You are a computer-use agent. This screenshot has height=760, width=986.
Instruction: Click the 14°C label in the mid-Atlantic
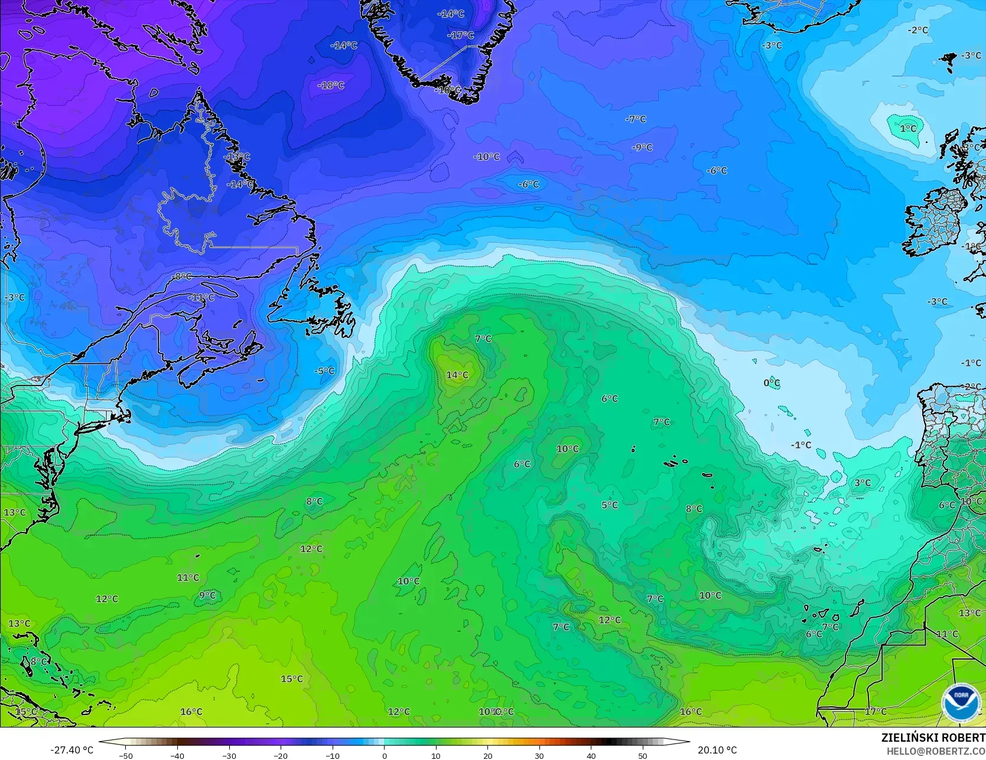click(457, 375)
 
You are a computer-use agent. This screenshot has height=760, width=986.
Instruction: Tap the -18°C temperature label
click(331, 85)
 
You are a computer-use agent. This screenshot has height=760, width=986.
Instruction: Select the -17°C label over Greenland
click(460, 35)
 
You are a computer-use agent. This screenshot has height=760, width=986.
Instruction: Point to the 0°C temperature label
click(772, 383)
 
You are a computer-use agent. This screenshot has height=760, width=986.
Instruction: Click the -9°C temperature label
click(642, 147)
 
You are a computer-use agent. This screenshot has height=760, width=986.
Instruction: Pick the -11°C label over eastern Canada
click(201, 297)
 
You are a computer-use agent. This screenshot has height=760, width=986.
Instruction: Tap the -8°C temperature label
click(182, 276)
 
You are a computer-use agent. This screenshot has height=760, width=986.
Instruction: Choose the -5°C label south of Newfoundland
click(324, 371)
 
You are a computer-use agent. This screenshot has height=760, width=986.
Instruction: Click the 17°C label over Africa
click(876, 712)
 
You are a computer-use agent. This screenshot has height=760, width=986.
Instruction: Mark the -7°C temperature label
click(636, 119)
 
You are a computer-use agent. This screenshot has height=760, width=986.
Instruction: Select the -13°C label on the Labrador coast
click(237, 157)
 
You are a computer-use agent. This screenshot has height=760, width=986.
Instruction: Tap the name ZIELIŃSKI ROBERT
click(933, 738)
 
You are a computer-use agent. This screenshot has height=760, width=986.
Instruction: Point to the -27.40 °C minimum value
click(71, 750)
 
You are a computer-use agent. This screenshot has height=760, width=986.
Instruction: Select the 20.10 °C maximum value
click(717, 750)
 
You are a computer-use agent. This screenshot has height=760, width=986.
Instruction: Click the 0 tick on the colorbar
click(384, 755)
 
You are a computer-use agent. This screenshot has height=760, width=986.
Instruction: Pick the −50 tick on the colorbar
click(125, 755)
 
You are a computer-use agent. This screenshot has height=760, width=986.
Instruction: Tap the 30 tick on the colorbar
click(539, 755)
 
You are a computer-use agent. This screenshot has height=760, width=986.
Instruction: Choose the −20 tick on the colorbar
click(281, 755)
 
